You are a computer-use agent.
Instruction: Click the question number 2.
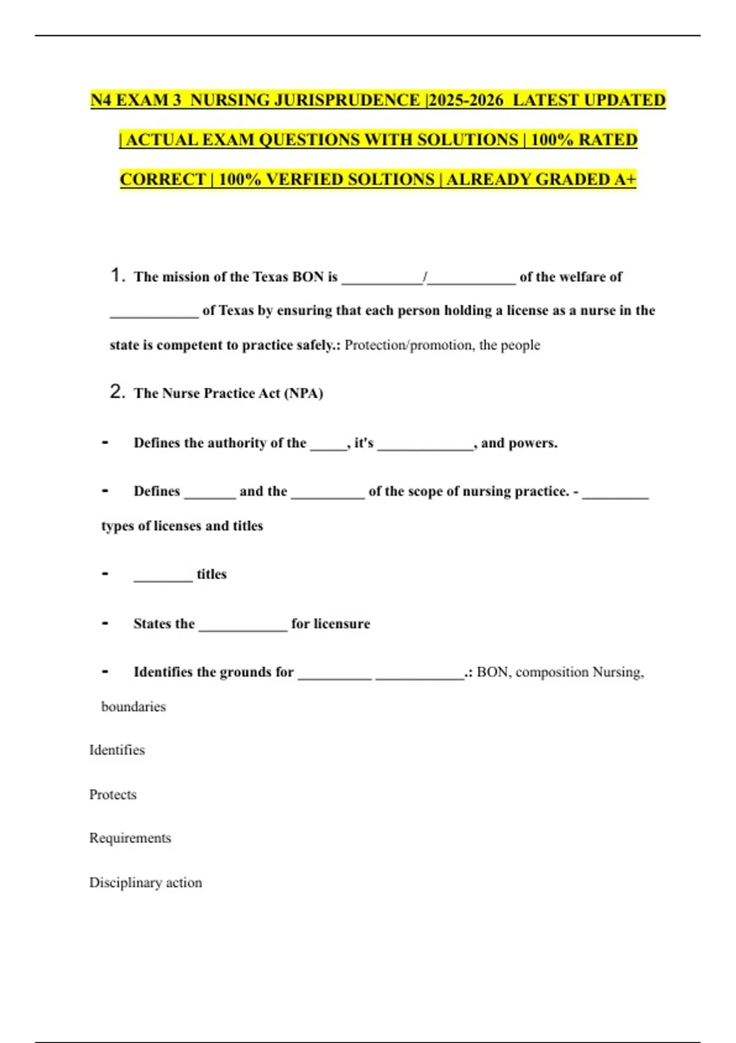pos(117,391)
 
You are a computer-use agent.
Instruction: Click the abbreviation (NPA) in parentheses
pos(303,393)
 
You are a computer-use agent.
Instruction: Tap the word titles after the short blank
pos(212,574)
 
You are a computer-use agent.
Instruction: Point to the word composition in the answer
pos(552,672)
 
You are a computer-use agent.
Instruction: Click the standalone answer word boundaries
pos(133,707)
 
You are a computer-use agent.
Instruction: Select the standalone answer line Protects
pos(113,795)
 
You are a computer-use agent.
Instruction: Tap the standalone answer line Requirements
pos(130,838)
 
